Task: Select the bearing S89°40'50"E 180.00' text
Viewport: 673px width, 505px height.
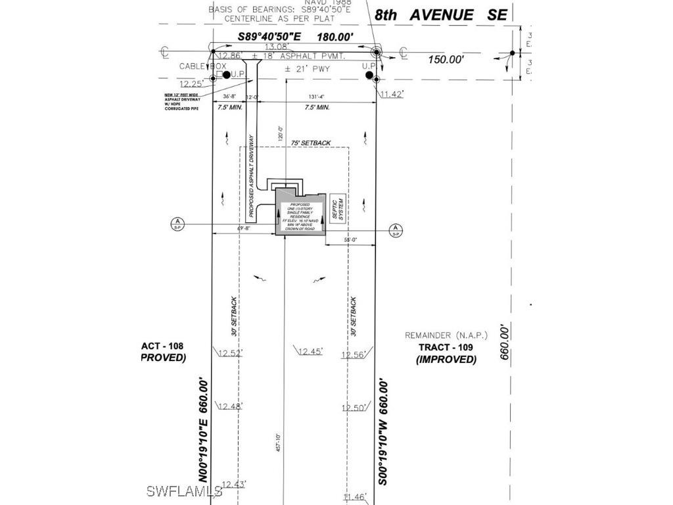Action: click(x=296, y=37)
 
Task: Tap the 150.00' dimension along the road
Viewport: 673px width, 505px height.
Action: click(x=446, y=60)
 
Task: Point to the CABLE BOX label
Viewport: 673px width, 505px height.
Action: click(x=202, y=66)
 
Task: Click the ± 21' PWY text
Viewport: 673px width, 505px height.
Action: click(x=307, y=68)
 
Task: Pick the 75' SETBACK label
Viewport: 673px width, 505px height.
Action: click(x=312, y=143)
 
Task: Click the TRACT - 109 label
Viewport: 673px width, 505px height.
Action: click(x=446, y=347)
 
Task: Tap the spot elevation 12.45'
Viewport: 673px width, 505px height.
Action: click(x=310, y=352)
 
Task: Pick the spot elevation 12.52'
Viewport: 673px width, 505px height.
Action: click(x=230, y=353)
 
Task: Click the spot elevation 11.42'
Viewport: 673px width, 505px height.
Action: click(x=391, y=95)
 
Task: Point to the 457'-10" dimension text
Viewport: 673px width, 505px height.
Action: click(x=279, y=442)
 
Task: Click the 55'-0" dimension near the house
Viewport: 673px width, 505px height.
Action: click(x=351, y=241)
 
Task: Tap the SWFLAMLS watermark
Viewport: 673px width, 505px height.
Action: click(x=184, y=491)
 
